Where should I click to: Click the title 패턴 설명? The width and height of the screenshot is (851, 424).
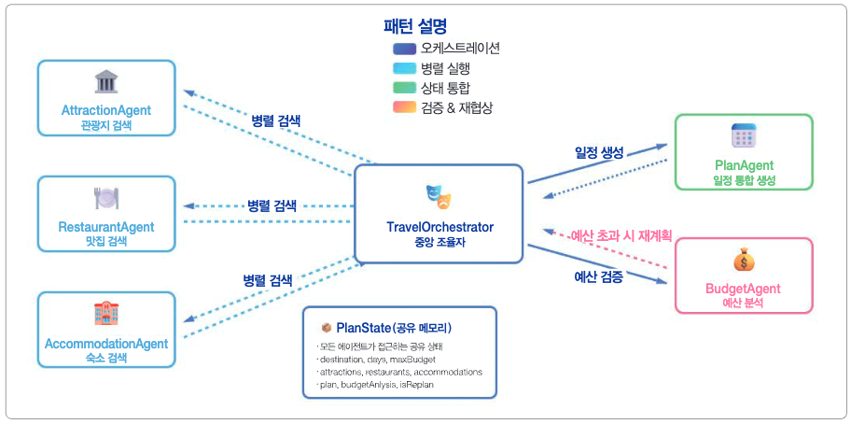(x=421, y=27)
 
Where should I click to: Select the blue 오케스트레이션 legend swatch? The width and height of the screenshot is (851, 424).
(x=404, y=49)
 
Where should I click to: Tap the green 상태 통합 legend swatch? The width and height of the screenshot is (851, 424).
(x=404, y=88)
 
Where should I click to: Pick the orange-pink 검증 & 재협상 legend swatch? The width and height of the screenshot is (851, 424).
(x=404, y=107)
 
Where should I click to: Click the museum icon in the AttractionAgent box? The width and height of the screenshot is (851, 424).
(x=106, y=81)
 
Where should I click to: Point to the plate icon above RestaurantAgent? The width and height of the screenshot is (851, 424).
(x=106, y=197)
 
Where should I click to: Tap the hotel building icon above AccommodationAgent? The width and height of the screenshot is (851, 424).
(x=106, y=313)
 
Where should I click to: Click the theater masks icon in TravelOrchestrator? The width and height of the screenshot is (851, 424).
(x=439, y=195)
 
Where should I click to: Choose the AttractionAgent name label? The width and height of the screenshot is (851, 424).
(x=106, y=110)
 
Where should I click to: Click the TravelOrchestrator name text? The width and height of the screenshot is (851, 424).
(x=439, y=227)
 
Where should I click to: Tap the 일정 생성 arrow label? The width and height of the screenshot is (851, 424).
(x=599, y=151)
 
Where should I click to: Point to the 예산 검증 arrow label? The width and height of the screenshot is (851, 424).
(x=598, y=276)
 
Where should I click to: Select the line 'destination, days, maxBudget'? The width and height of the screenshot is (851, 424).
(x=376, y=359)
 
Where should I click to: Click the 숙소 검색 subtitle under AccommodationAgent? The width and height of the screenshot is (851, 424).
(x=105, y=358)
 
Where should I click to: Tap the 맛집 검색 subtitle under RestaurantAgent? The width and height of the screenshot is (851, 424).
(x=105, y=241)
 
